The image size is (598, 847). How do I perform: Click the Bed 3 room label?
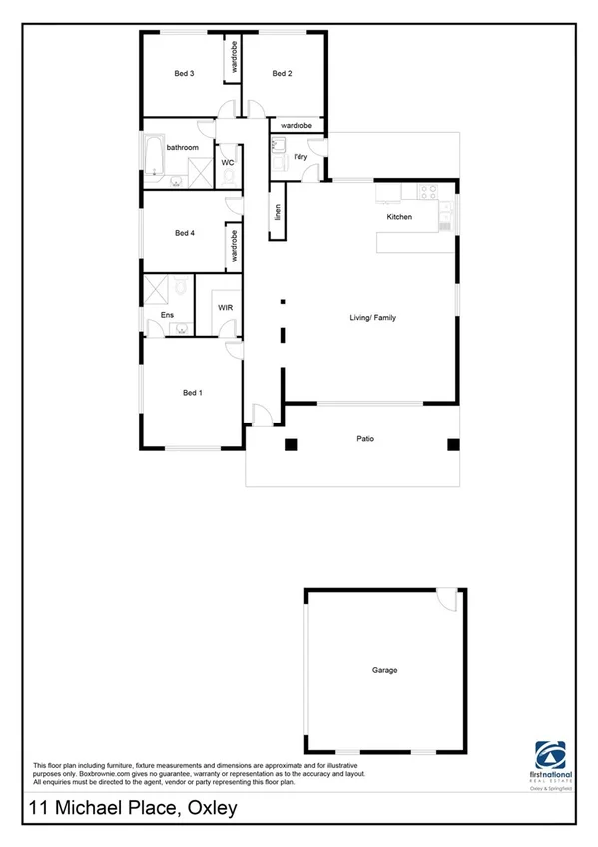[184, 74]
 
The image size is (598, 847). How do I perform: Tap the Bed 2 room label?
[282, 74]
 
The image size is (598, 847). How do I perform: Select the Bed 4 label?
[184, 234]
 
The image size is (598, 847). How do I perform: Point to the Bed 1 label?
[193, 393]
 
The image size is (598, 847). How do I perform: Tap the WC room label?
[228, 162]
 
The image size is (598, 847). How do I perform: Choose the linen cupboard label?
[278, 213]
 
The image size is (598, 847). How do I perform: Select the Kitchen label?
[400, 217]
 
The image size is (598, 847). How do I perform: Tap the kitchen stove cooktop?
[428, 191]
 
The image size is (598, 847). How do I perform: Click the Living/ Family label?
[372, 318]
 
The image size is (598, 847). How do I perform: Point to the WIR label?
[226, 308]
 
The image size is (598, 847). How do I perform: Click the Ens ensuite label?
[167, 316]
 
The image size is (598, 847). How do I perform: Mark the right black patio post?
[452, 444]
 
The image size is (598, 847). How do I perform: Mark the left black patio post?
[292, 444]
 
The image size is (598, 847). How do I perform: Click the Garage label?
[384, 670]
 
